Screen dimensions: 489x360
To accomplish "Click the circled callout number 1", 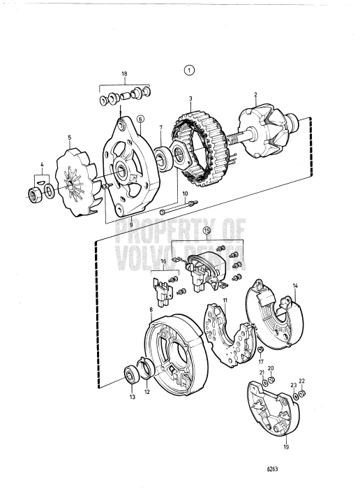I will coord(190,70).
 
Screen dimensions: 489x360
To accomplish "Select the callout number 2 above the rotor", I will coord(256,95).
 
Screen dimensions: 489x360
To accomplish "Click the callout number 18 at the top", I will coord(125,73).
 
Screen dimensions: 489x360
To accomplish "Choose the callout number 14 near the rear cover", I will coord(295,286).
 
